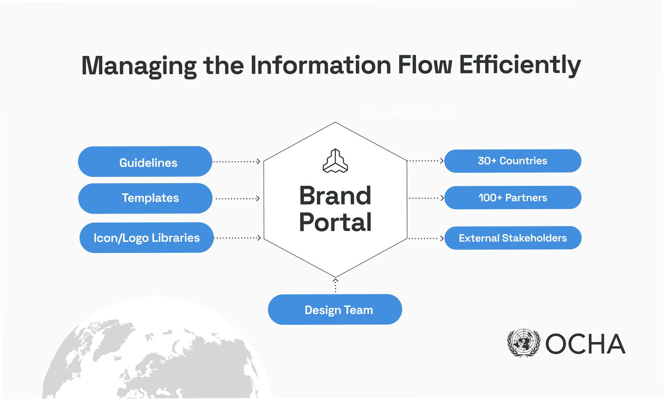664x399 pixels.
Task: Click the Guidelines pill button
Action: [x=145, y=162]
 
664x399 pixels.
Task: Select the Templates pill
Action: [x=145, y=198]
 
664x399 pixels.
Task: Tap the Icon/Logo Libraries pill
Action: [x=146, y=237]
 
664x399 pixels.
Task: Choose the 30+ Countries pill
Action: [x=512, y=161]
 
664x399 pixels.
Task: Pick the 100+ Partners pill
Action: [x=513, y=198]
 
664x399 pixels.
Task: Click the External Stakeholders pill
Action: [x=513, y=238]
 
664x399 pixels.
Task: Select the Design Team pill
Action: [x=335, y=309]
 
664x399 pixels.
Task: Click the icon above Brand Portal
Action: [x=335, y=161]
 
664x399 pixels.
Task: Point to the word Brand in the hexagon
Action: [x=335, y=196]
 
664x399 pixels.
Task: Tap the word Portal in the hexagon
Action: [x=335, y=222]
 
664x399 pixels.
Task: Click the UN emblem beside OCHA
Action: [x=523, y=343]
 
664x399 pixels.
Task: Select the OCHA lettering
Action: [x=585, y=344]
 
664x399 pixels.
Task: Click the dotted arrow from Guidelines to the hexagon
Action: [x=237, y=162]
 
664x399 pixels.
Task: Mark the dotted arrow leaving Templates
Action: [x=238, y=198]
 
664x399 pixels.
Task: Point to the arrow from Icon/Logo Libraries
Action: [x=237, y=237]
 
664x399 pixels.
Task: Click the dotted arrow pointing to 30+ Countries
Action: [x=426, y=161]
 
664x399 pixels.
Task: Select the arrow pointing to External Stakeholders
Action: [x=426, y=238]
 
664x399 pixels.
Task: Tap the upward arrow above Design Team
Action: [x=335, y=285]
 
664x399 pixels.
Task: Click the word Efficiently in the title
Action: [x=520, y=65]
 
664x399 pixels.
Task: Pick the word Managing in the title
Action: [x=139, y=66]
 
